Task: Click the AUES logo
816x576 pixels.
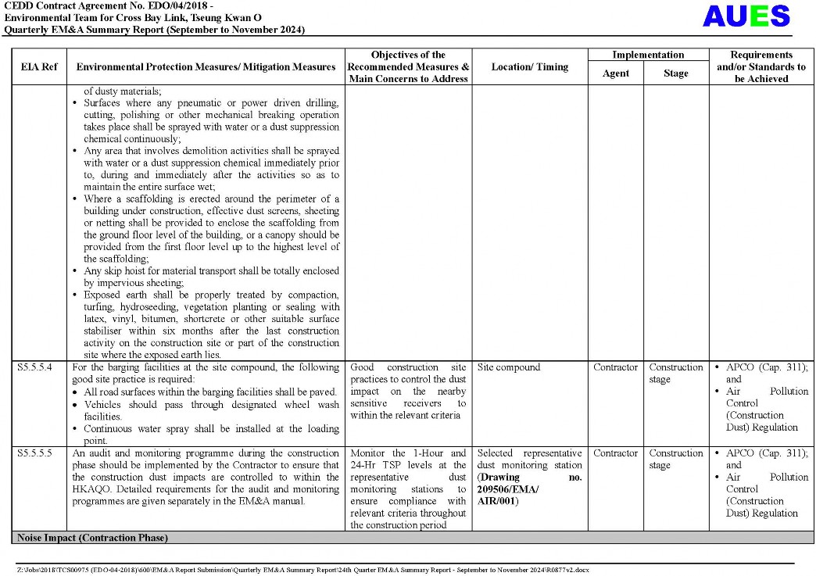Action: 746,16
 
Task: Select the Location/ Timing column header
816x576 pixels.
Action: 529,67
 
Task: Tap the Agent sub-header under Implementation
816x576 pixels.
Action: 615,73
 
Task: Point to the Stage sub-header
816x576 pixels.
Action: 675,73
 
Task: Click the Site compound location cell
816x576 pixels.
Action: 508,367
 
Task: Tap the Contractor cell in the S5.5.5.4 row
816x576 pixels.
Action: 615,367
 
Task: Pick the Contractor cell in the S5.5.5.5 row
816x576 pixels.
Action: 615,453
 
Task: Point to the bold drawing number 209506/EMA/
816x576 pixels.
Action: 508,489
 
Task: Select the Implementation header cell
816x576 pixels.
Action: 648,55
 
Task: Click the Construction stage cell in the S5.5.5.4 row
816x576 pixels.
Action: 675,373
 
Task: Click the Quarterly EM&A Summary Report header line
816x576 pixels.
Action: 154,30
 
